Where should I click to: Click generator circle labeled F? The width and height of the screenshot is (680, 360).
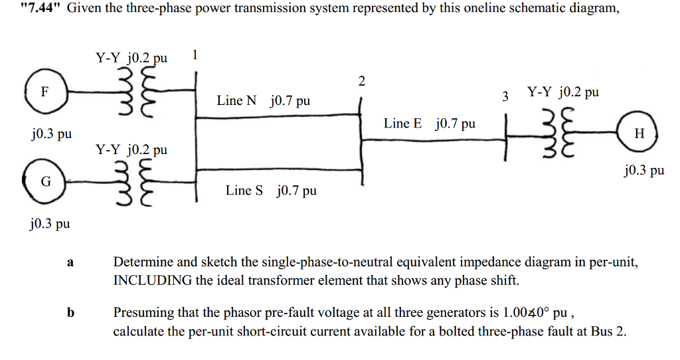[44, 93]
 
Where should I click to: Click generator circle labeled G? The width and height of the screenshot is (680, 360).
[44, 181]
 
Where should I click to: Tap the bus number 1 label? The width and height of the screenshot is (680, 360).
[194, 54]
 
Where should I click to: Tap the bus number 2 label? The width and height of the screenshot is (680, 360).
[361, 82]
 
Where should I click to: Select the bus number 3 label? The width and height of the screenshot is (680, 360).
[505, 97]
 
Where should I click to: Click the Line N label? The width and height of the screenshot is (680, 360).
[236, 101]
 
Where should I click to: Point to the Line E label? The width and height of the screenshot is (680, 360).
[402, 124]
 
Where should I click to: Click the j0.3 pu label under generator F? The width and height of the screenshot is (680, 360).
[51, 135]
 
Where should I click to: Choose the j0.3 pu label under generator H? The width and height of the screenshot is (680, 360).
[644, 171]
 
